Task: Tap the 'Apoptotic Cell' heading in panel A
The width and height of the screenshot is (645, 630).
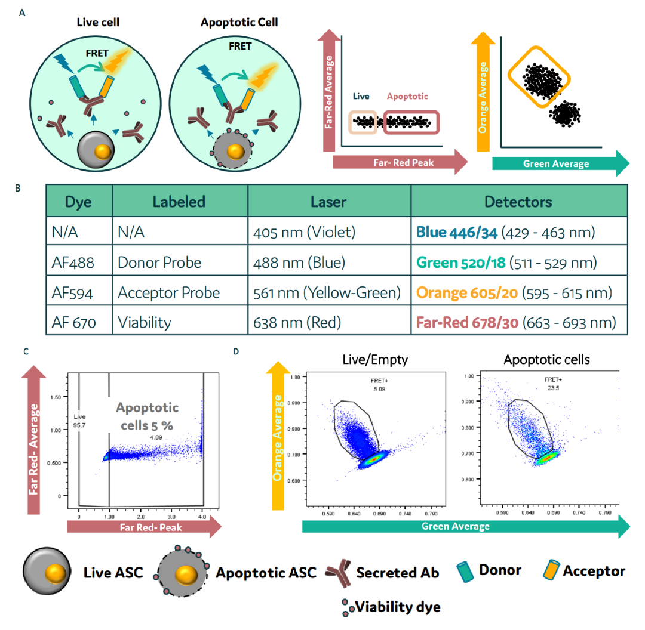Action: click(240, 23)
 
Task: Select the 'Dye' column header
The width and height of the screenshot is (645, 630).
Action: click(78, 202)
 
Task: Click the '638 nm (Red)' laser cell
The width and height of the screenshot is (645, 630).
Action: click(296, 323)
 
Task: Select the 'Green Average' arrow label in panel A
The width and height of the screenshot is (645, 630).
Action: click(556, 163)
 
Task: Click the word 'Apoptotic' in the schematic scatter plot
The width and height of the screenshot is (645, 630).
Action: click(407, 96)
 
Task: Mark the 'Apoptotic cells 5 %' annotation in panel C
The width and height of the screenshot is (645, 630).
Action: click(147, 416)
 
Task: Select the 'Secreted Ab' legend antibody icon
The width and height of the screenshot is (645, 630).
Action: click(338, 572)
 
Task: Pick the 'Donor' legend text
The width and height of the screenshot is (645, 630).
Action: click(499, 570)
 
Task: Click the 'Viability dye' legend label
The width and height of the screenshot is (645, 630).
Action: click(398, 607)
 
